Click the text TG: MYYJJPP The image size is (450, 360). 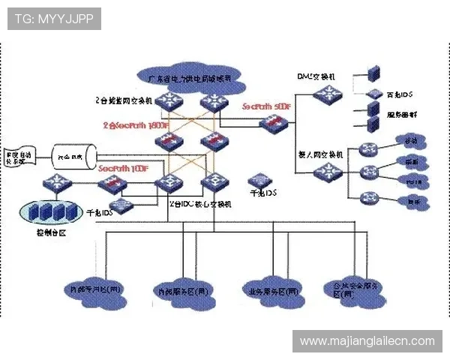[53, 19]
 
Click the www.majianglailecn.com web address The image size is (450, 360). [367, 340]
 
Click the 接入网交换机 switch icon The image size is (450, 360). [325, 172]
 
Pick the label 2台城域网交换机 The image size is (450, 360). [124, 99]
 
